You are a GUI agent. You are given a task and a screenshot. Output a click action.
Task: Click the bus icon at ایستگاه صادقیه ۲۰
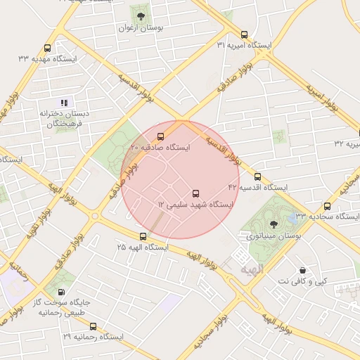(161, 136)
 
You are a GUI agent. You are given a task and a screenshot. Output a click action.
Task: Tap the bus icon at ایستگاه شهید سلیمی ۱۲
(195, 193)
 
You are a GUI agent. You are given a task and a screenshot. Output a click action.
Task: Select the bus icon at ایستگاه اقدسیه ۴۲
(257, 176)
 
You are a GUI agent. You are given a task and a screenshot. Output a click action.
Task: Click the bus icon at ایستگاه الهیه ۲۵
(143, 236)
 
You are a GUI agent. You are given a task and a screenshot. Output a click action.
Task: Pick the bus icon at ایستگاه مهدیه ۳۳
(47, 49)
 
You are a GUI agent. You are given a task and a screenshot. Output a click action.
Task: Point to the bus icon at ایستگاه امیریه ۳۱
(244, 34)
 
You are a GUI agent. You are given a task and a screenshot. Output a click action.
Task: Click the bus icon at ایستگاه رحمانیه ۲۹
(93, 326)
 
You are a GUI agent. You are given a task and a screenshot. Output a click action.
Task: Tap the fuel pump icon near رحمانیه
(63, 292)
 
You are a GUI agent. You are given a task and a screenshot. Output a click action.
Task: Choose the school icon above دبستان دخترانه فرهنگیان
(65, 102)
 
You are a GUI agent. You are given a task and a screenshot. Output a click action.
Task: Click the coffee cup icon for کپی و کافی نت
(302, 270)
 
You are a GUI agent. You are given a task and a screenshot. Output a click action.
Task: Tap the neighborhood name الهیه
(250, 269)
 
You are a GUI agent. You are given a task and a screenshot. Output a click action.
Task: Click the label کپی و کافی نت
(302, 281)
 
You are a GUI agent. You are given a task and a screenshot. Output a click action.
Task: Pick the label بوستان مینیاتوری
(274, 237)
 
